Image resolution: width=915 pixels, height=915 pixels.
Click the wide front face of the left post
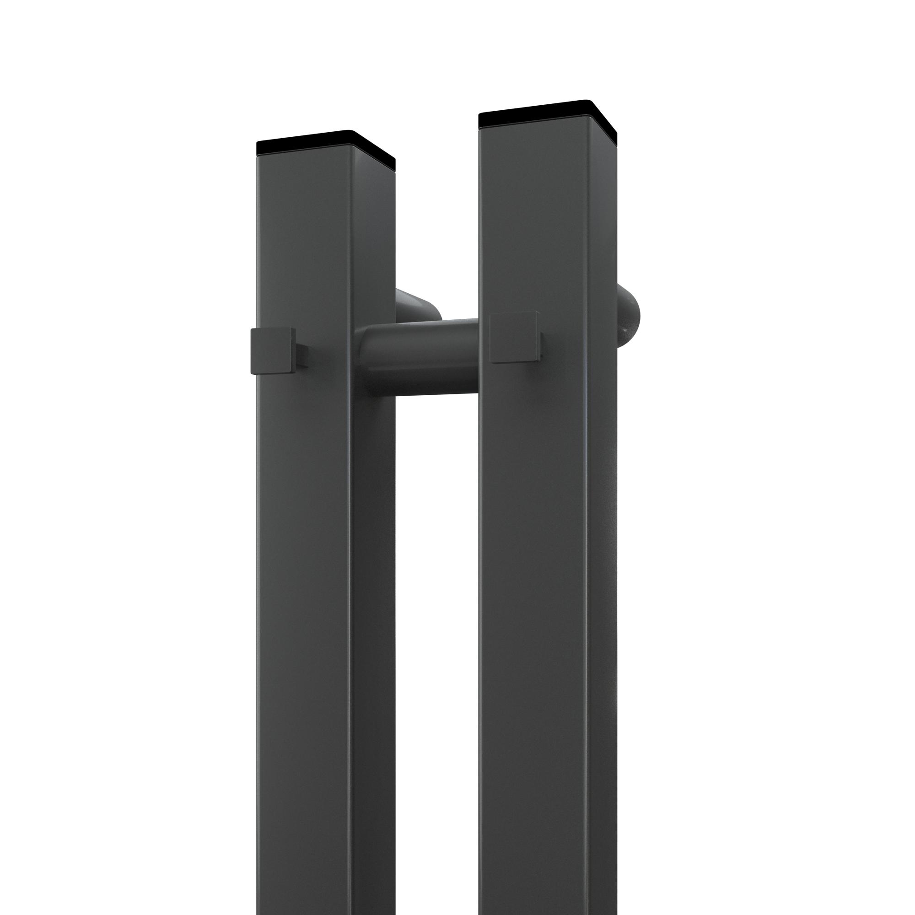pos(303,568)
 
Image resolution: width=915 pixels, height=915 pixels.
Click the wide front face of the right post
pos(533,568)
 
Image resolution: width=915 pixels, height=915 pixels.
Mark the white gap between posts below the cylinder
pos(436,616)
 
